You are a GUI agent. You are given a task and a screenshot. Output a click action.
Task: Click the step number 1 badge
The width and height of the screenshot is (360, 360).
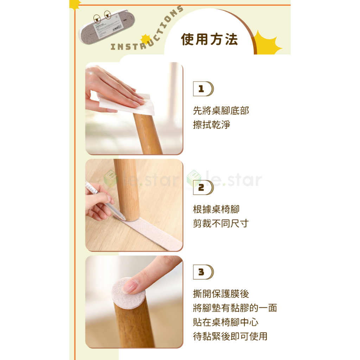pyautogui.click(x=203, y=89)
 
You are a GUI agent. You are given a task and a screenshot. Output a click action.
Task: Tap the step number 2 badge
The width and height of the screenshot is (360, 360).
pyautogui.click(x=203, y=187)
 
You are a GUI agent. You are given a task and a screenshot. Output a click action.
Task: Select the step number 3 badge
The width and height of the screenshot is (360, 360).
pyautogui.click(x=203, y=272)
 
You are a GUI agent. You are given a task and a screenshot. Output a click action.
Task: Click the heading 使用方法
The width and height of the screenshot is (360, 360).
pyautogui.click(x=209, y=39)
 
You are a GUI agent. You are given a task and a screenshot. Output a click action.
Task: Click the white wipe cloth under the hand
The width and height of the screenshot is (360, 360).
pyautogui.click(x=129, y=103)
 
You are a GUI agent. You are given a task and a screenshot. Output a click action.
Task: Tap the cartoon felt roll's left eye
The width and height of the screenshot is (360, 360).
pyautogui.click(x=97, y=18)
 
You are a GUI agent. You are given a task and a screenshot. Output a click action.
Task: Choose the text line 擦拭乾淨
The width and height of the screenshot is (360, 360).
pyautogui.click(x=211, y=125)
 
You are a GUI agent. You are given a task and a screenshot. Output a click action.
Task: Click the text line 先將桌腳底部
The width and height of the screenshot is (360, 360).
pyautogui.click(x=221, y=110)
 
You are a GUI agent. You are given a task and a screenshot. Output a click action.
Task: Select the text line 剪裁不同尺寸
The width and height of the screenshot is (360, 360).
pyautogui.click(x=221, y=223)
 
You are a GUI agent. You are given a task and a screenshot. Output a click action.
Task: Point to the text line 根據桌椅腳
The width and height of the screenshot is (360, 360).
pyautogui.click(x=216, y=209)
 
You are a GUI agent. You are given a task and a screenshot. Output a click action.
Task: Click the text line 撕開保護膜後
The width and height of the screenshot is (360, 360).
pyautogui.click(x=221, y=294)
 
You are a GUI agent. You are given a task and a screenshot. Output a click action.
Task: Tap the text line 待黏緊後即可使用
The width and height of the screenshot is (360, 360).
pyautogui.click(x=230, y=336)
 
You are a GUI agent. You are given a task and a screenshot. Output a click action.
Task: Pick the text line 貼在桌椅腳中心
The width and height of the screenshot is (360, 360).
pyautogui.click(x=226, y=322)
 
